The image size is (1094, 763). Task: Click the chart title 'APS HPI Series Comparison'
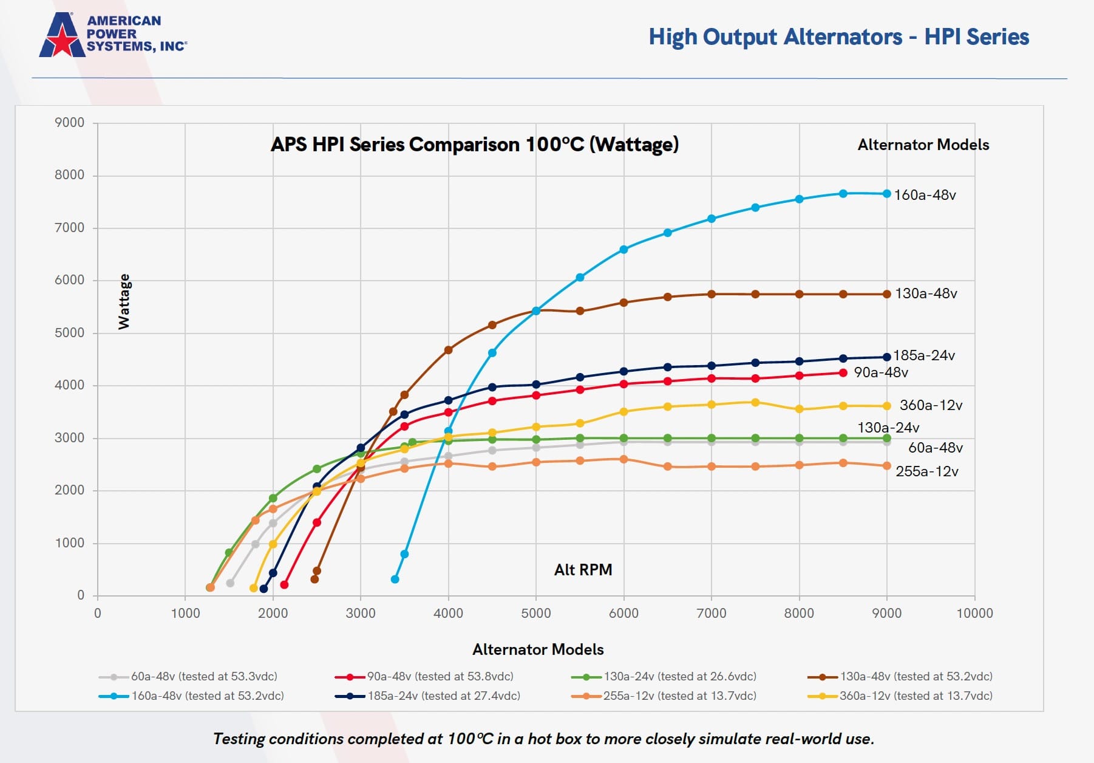tap(474, 145)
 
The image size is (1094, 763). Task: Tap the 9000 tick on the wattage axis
tap(70, 123)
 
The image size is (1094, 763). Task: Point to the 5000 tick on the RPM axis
tap(536, 613)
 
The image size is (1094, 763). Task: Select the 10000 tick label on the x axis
tap(974, 613)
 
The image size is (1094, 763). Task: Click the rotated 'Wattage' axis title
tap(124, 301)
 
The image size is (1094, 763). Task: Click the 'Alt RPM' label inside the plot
tap(583, 570)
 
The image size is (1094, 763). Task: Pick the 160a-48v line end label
tap(925, 195)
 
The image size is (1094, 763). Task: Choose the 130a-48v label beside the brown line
tap(926, 293)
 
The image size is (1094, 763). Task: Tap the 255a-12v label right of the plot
tap(926, 471)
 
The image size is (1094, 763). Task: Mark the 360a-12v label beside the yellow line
tap(931, 405)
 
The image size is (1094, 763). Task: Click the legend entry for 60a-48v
tap(188, 676)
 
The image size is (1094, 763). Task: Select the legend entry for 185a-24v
tap(428, 696)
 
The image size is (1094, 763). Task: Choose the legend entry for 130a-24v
tap(664, 676)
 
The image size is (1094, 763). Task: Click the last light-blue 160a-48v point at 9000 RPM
tap(886, 194)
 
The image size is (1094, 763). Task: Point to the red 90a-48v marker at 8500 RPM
tap(843, 373)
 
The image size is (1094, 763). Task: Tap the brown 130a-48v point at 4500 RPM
tap(492, 325)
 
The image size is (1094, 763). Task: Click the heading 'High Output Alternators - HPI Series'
tap(838, 37)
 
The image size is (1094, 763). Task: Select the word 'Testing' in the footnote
tap(239, 739)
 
